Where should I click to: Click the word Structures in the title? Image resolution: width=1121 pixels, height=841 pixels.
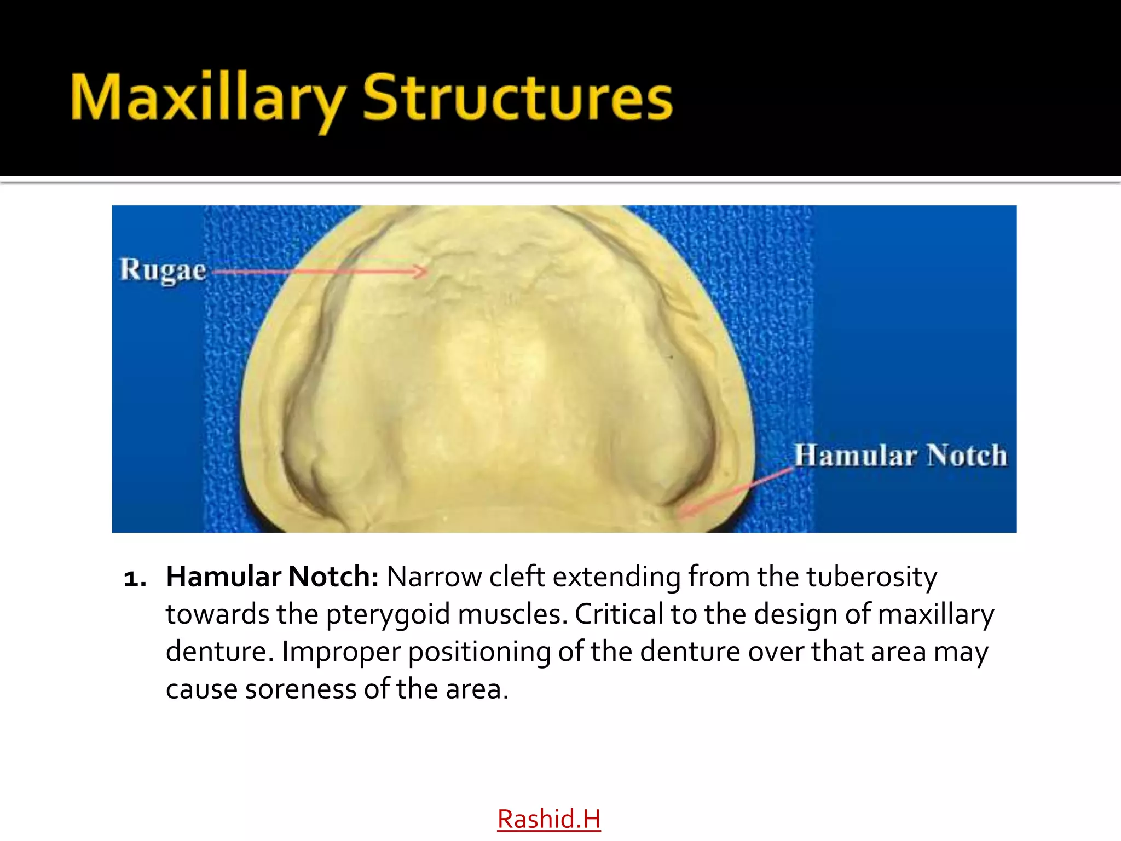click(x=517, y=99)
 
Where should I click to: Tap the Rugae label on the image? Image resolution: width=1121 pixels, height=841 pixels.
click(x=163, y=270)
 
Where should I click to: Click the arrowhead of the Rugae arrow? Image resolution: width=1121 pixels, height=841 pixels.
click(x=423, y=271)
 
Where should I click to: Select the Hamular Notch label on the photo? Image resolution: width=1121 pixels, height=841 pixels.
click(x=900, y=456)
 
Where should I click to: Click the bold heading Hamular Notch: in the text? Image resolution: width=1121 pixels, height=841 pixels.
click(x=272, y=577)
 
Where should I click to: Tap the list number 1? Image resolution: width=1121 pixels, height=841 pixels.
click(x=135, y=578)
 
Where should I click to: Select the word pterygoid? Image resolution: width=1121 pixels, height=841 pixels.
click(x=388, y=615)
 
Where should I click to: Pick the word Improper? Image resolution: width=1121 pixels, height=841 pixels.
click(x=341, y=652)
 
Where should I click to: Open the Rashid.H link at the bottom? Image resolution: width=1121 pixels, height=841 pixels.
click(x=548, y=819)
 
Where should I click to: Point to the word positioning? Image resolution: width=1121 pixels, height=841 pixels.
click(x=479, y=652)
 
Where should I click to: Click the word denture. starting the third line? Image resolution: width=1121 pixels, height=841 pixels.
click(x=219, y=651)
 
